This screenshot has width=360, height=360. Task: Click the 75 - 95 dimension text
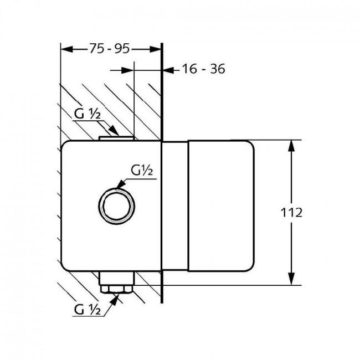point(109,49)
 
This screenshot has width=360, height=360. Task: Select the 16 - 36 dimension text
point(203,69)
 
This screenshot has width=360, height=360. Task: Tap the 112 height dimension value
point(291,213)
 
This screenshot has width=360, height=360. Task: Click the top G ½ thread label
point(88,114)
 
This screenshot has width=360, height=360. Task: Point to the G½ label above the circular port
point(142,171)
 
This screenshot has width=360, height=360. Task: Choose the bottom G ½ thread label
point(88,310)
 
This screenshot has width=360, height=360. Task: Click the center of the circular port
point(116,206)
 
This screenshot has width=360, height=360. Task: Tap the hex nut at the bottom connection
point(117,289)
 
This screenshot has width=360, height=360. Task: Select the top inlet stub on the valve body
point(116,138)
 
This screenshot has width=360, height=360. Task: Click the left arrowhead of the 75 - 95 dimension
point(66,49)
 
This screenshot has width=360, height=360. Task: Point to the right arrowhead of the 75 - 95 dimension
point(156,49)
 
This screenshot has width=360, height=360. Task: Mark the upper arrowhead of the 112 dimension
point(291,146)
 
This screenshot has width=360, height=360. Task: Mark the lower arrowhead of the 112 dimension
point(291,279)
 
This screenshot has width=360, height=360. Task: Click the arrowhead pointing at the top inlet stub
point(114,131)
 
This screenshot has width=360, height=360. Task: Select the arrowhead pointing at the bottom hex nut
point(114,300)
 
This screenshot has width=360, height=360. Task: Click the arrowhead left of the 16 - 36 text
point(168,70)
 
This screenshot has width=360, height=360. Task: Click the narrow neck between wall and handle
point(175,206)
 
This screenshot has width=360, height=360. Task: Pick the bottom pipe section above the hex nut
point(117,278)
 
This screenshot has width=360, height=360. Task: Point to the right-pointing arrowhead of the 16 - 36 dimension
point(127,70)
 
